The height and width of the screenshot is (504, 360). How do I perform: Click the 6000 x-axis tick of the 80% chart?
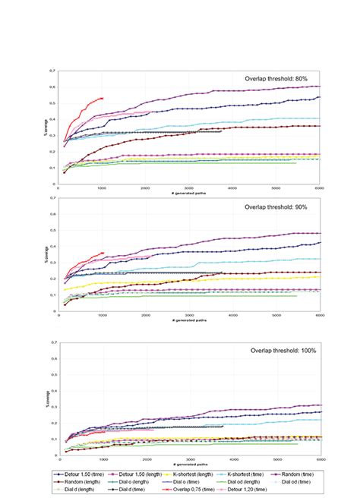pos(320,187)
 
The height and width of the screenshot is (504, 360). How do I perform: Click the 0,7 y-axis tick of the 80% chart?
pos(52,71)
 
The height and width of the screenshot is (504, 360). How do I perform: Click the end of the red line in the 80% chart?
pos(103,97)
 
